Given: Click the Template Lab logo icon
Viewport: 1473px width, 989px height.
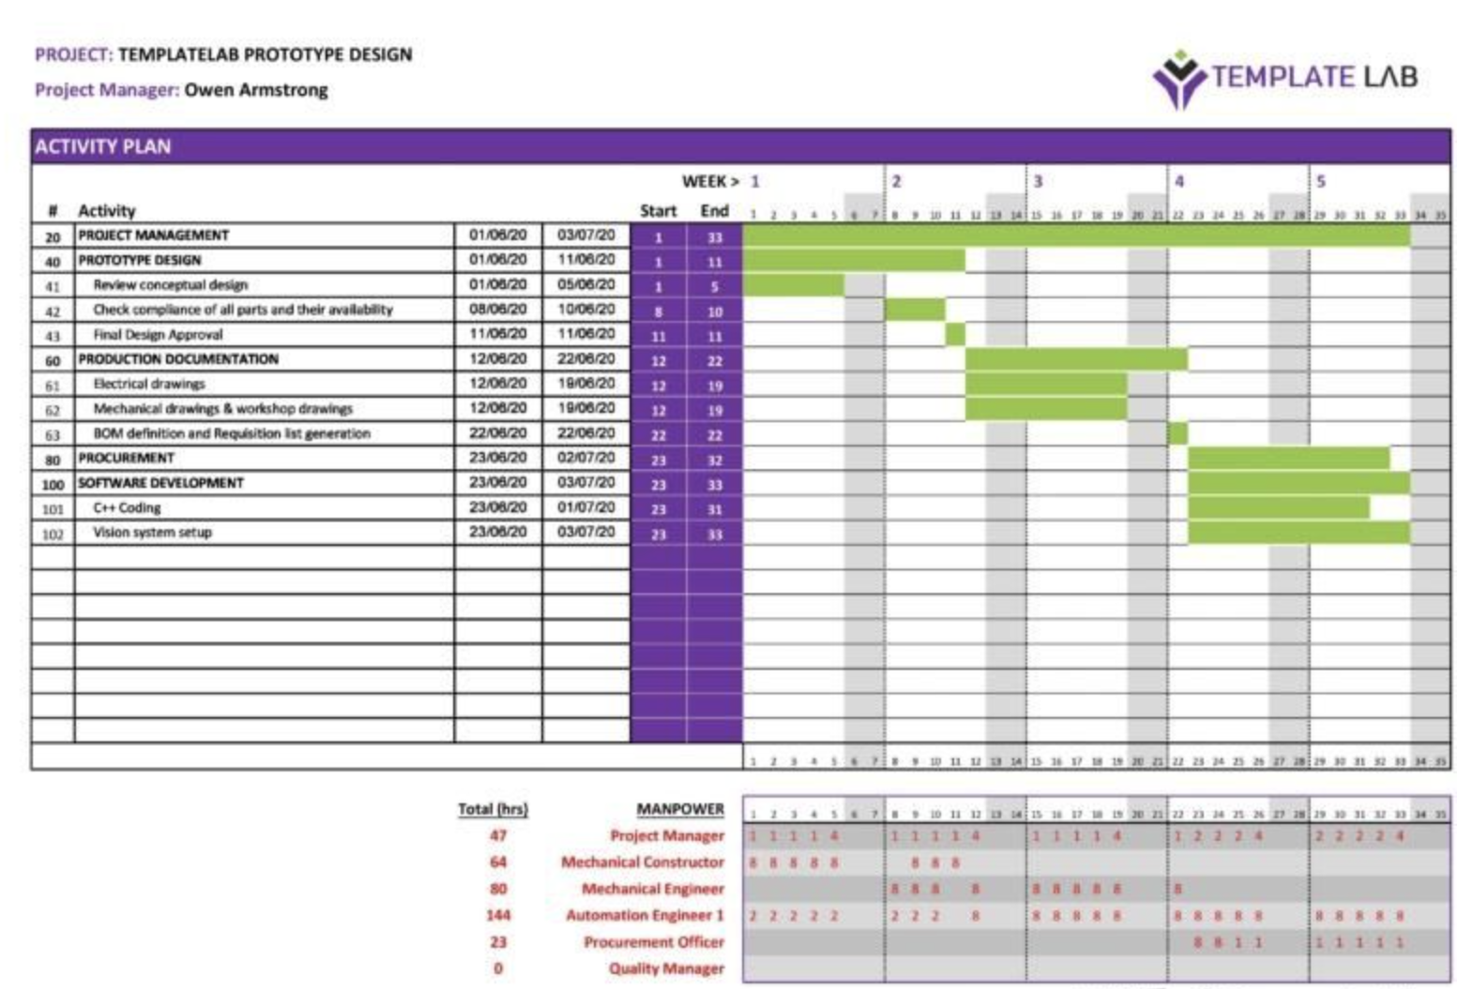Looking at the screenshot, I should [x=1178, y=79].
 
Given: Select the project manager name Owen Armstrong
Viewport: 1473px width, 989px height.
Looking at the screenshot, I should [x=256, y=90].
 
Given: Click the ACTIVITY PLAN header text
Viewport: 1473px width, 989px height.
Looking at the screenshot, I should [x=103, y=146].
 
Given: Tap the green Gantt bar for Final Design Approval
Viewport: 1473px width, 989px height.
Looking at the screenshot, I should [x=955, y=335].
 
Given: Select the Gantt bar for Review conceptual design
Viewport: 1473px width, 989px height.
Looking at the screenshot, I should [x=794, y=285].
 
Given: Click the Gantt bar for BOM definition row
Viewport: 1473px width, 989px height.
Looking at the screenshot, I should [x=1177, y=434].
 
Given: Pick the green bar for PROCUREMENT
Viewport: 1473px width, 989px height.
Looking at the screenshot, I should [x=1288, y=459].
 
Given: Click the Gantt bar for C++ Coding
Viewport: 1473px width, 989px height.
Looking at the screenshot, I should [x=1278, y=509].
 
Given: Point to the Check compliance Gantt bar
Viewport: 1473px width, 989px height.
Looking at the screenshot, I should [x=915, y=310].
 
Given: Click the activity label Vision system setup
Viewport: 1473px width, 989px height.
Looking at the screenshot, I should [x=152, y=532].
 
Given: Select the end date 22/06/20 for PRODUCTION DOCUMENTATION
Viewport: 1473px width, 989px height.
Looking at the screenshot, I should [x=585, y=358].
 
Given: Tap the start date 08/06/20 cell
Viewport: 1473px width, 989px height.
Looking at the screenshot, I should [x=498, y=309].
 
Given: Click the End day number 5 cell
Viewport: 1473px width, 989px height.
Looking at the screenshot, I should [x=714, y=286].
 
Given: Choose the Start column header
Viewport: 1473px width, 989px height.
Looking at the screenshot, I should [x=658, y=211].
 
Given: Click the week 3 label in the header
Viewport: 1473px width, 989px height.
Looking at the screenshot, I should [x=1038, y=181].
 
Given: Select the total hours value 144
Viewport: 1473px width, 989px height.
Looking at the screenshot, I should [x=497, y=915].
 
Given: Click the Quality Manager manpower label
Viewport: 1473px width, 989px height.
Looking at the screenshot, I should [x=666, y=968].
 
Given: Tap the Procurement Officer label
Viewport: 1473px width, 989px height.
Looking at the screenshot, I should [x=654, y=942].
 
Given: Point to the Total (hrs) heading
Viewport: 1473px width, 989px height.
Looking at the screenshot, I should [x=493, y=809].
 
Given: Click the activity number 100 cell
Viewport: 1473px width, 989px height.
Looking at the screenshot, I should [x=53, y=484].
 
